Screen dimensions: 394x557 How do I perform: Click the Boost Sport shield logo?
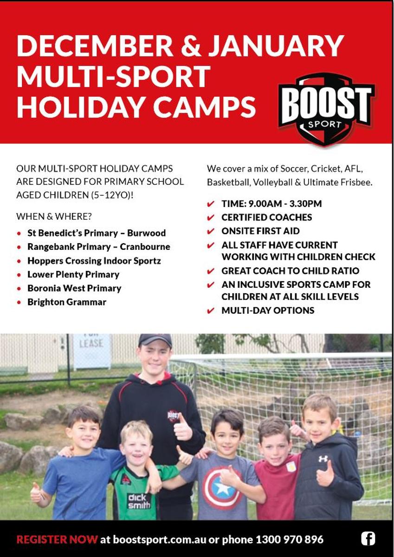[x=326, y=109]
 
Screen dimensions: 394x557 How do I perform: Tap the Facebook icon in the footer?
[x=368, y=539]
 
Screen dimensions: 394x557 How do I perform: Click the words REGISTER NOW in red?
[x=57, y=539]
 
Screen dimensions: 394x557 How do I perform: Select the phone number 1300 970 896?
[x=290, y=539]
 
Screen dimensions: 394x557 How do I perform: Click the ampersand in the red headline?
[x=191, y=46]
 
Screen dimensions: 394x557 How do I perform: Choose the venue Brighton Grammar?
[x=67, y=302]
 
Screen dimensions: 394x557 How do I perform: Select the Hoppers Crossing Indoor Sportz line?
[x=94, y=261]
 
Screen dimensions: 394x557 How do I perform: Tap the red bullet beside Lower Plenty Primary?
[x=19, y=275]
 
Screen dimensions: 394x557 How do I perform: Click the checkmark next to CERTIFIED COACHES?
[x=210, y=218]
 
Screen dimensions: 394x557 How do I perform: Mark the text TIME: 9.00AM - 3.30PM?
[x=271, y=204]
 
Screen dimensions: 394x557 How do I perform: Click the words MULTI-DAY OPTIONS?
[x=268, y=311]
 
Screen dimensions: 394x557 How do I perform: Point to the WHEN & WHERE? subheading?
[x=54, y=217]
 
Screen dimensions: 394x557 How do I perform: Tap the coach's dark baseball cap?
[x=155, y=340]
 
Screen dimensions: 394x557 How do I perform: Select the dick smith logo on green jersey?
[x=139, y=501]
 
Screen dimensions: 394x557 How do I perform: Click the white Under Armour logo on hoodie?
[x=323, y=459]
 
